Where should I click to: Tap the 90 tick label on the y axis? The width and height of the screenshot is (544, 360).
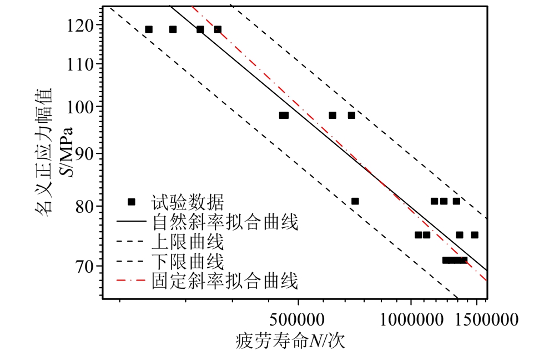tap(86, 153)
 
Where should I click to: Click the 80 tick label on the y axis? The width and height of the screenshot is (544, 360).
tap(86, 206)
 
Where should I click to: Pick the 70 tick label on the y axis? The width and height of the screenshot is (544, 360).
tap(86, 266)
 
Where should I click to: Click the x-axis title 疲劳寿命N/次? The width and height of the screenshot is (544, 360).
tap(290, 340)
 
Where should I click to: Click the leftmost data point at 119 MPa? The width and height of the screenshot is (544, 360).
tap(149, 29)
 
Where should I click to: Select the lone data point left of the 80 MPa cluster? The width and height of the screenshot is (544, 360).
tap(355, 201)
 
